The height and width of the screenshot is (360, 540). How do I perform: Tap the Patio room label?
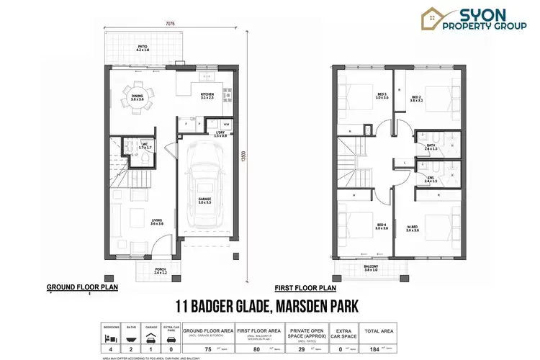(x=143, y=48)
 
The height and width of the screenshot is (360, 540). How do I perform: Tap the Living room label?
(x=157, y=222)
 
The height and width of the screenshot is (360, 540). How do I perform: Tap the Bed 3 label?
(x=381, y=95)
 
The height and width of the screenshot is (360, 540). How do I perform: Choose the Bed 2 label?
(x=416, y=98)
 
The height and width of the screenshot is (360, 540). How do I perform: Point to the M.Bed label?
(x=412, y=228)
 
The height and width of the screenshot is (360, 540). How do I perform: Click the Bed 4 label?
(x=381, y=226)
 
